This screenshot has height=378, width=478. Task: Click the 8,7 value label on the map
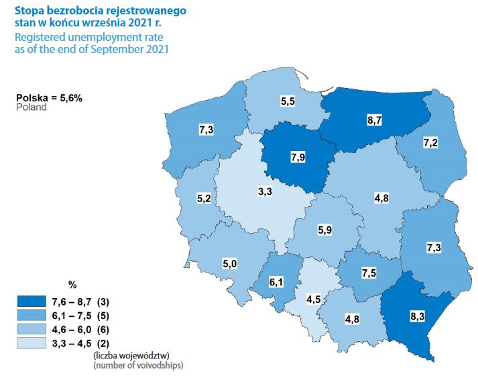375,122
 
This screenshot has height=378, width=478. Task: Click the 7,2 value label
431,143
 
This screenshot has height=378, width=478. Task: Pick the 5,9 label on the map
324,230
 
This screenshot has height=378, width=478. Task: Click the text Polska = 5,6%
49,97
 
